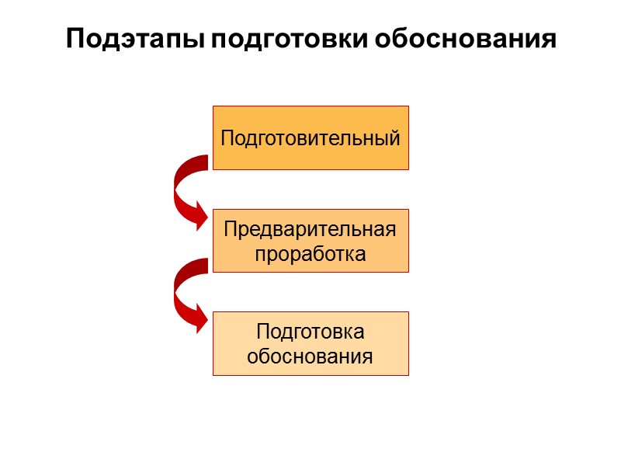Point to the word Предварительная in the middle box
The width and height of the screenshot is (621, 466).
tap(310, 230)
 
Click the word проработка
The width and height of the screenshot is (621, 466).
tap(310, 254)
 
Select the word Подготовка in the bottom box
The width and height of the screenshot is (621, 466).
tap(310, 332)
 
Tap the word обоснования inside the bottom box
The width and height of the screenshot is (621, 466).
tap(310, 357)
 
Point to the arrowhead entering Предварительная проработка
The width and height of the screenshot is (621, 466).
tap(199, 215)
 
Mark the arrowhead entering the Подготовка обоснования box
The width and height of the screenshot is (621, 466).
tap(199, 318)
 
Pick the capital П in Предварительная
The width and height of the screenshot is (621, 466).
tap(230, 230)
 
